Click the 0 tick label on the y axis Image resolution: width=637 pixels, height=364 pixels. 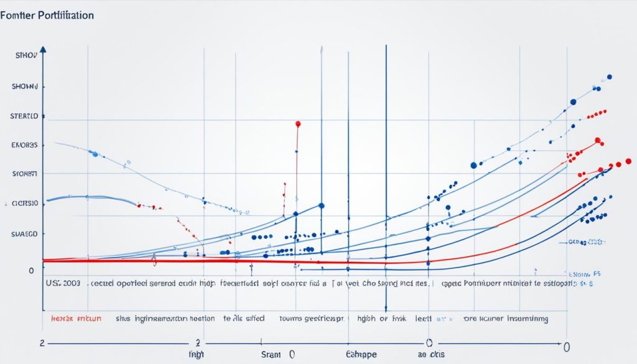pos(31,271)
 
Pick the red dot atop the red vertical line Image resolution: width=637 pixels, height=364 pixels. pos(298,124)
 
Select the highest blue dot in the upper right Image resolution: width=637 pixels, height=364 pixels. pos(609,77)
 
